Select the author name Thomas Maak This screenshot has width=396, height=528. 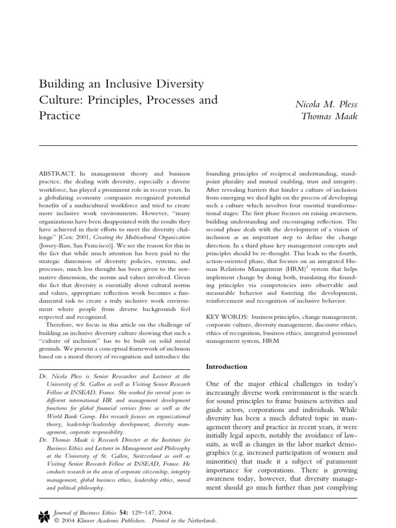329,116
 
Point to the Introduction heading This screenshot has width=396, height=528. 227,367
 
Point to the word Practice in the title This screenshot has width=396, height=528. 60,115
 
